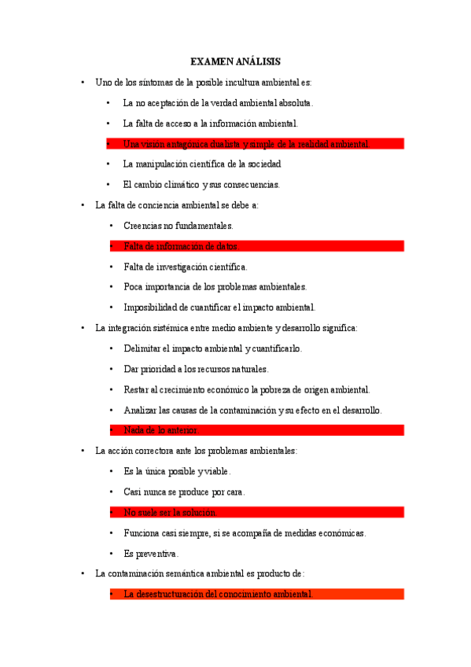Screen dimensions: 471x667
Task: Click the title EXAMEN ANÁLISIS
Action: point(235,61)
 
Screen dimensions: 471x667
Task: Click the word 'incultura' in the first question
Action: point(227,82)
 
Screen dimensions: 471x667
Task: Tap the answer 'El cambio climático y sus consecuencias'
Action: point(201,185)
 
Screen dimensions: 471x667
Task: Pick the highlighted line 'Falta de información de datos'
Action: point(180,246)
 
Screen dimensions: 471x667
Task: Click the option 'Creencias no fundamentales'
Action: point(178,226)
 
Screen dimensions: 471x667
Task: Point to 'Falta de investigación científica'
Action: point(185,267)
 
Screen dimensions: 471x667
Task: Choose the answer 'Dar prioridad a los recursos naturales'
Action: point(196,369)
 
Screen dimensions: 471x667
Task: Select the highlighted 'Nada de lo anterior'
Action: point(161,430)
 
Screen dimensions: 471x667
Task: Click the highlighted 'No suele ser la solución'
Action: point(170,512)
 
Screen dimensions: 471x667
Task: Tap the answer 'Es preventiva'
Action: point(151,553)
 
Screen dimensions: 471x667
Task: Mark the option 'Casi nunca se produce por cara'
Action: point(184,492)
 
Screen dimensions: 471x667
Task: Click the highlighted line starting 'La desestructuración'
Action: point(218,594)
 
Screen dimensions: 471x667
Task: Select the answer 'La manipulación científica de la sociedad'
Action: point(202,164)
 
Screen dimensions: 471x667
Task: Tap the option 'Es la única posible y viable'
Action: point(177,471)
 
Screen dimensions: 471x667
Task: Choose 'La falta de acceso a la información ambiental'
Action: point(211,123)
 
